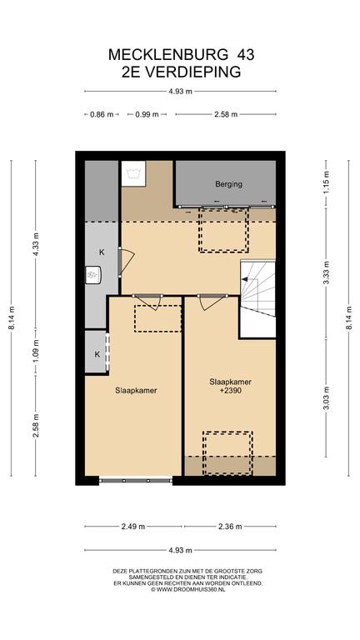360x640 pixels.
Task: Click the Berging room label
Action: click(228, 184)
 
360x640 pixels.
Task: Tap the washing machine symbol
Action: click(133, 173)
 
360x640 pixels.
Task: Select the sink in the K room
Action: click(93, 274)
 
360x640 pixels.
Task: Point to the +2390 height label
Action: click(230, 390)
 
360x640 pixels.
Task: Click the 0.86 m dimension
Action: click(102, 115)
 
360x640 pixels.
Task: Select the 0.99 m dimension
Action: click(147, 115)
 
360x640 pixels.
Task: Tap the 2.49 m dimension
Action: click(133, 527)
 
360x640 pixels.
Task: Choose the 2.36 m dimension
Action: click(230, 527)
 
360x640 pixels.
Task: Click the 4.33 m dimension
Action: click(36, 244)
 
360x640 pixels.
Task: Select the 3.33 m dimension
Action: click(326, 272)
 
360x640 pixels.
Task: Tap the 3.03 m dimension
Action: click(326, 398)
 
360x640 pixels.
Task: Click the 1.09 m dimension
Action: click(36, 352)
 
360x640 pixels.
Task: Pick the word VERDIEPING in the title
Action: click(193, 72)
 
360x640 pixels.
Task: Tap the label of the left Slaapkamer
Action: click(137, 390)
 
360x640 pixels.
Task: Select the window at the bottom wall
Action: click(136, 481)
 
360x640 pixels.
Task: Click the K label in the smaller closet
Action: click(97, 354)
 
